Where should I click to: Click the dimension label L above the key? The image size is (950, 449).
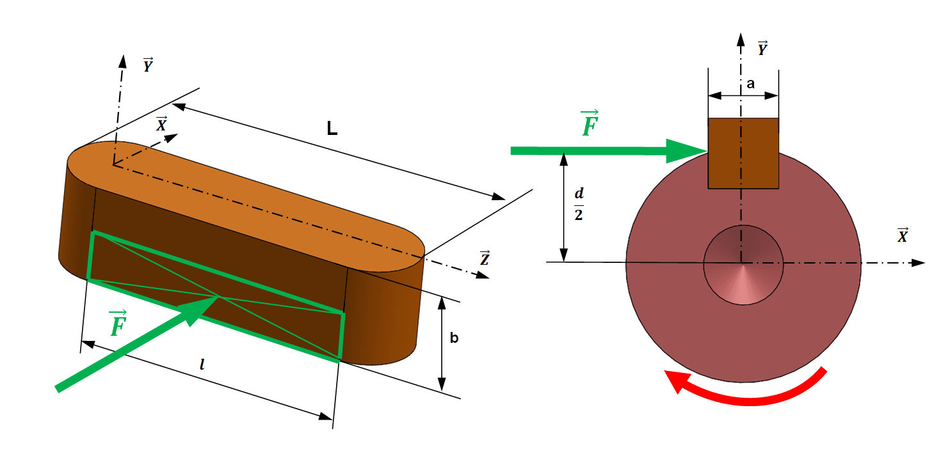tap(332, 129)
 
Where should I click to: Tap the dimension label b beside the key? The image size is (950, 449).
tap(454, 338)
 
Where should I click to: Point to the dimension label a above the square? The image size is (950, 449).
tap(750, 84)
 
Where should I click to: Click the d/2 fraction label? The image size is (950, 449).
tap(578, 204)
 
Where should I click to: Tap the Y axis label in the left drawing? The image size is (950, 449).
tap(147, 65)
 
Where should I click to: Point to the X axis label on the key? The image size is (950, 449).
tap(161, 124)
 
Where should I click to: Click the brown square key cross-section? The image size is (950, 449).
tap(743, 154)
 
